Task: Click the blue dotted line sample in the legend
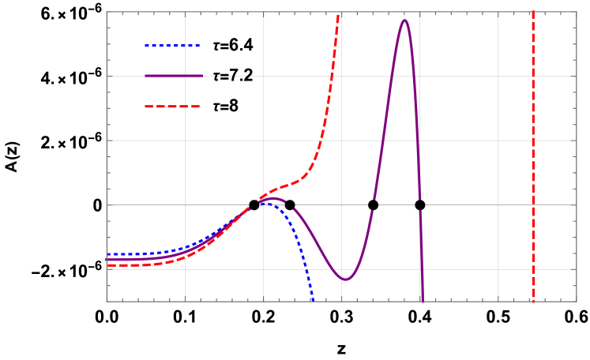[172, 46]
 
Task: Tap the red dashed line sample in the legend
[172, 107]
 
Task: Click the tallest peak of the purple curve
[404, 20]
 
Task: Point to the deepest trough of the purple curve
[345, 279]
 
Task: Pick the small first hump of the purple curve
[272, 199]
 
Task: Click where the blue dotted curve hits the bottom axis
[313, 301]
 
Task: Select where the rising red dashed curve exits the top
[339, 13]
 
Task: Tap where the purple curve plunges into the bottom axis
[423, 301]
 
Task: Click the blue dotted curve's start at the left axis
[107, 254]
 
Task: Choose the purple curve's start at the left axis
[107, 260]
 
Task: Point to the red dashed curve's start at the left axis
[107, 265]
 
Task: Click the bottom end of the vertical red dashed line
[533, 301]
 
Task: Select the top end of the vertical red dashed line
[533, 13]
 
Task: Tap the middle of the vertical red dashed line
[533, 156]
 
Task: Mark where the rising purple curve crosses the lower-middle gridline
[373, 204]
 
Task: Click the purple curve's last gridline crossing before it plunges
[419, 204]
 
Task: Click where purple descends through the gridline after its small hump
[290, 205]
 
